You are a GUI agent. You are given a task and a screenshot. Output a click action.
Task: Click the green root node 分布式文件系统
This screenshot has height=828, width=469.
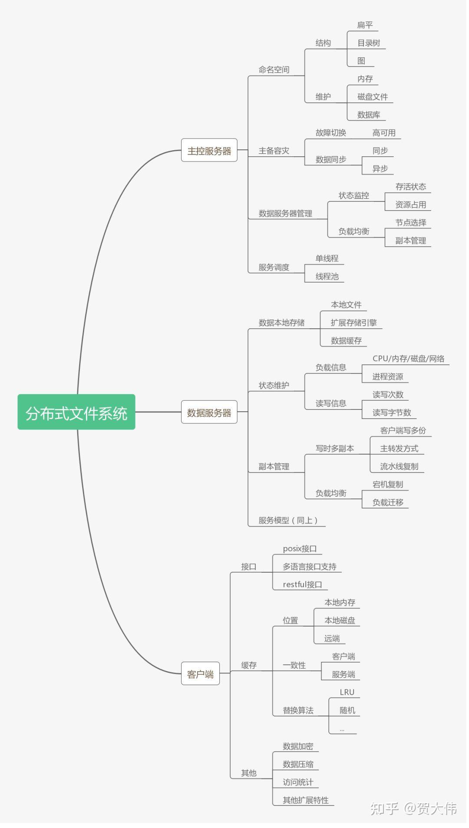point(76,412)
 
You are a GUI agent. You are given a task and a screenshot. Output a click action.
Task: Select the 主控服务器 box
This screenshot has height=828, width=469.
point(209,150)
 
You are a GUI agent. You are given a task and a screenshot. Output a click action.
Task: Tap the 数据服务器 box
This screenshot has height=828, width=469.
point(209,412)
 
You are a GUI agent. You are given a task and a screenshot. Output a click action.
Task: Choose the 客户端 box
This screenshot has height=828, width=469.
point(200,673)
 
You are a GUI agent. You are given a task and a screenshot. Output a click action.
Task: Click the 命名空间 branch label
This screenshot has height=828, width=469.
point(274,69)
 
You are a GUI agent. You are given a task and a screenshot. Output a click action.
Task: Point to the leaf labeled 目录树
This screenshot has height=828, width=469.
point(368,43)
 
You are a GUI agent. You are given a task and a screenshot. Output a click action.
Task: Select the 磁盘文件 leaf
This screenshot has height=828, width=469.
point(372,96)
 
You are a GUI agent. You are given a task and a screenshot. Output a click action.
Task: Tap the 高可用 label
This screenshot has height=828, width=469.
point(384,133)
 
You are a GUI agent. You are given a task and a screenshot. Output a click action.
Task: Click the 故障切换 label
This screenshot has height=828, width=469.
point(330,133)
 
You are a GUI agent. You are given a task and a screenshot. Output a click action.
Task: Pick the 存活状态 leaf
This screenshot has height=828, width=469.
point(410,187)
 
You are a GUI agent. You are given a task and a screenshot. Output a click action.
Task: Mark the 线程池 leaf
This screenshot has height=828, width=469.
point(327,276)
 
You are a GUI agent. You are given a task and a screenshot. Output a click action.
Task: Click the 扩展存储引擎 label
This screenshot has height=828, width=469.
point(353,323)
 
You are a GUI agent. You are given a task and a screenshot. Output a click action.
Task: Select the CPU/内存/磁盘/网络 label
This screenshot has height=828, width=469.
point(408,359)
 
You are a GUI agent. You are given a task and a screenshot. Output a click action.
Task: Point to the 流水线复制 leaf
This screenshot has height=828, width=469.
point(399,466)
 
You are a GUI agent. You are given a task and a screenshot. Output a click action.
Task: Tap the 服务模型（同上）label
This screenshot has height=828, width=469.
point(288,520)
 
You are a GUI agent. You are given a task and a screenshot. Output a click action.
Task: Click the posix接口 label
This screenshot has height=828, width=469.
point(300,549)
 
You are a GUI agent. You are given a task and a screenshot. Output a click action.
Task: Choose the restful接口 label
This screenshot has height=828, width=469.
point(302,584)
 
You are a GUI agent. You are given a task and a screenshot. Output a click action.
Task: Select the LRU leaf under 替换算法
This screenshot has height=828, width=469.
point(347,692)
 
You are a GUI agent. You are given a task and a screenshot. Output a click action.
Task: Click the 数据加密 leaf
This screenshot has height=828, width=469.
point(298,746)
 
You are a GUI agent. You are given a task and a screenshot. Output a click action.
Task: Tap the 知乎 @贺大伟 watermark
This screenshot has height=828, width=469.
point(413,808)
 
